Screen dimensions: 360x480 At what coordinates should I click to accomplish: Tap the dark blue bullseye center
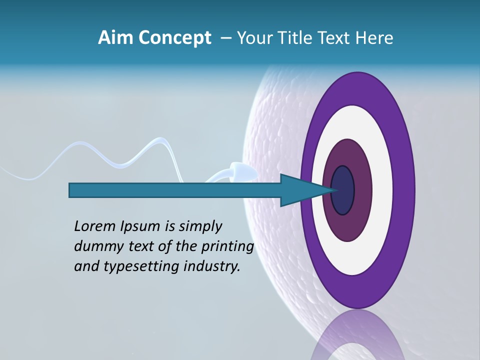343,190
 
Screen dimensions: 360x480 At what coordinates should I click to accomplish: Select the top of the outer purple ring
357,88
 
